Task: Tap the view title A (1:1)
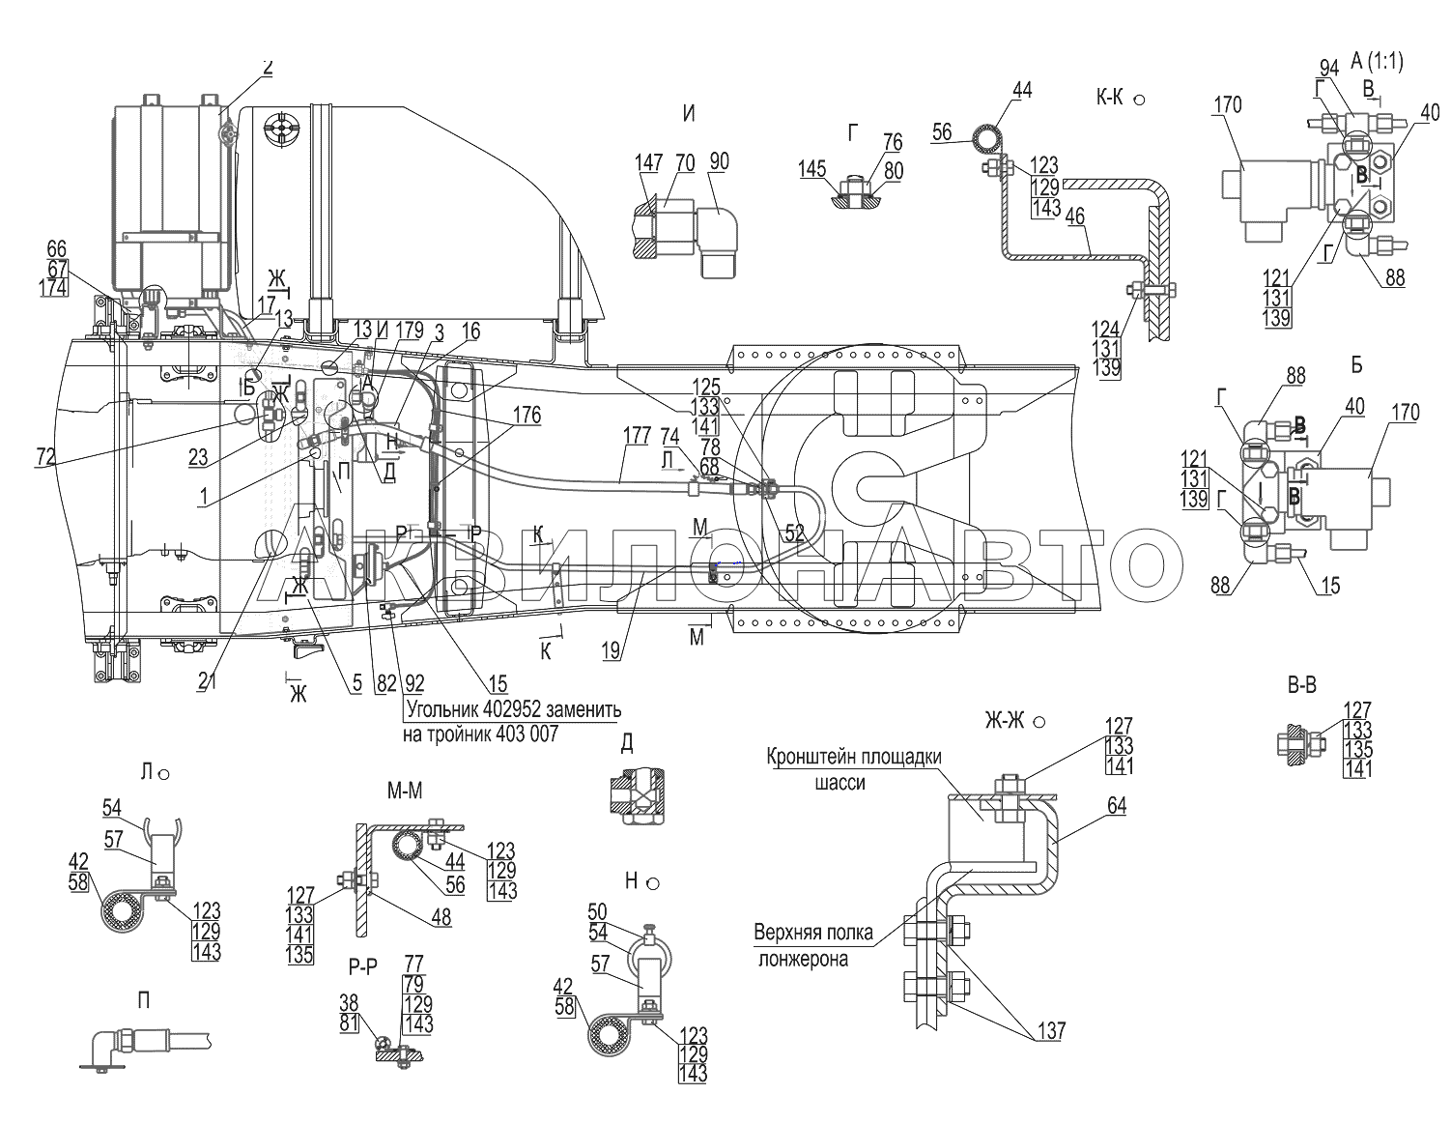click(1376, 62)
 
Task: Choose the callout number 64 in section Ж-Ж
click(1118, 806)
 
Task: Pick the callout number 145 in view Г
click(812, 170)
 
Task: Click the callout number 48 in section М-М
click(441, 919)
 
